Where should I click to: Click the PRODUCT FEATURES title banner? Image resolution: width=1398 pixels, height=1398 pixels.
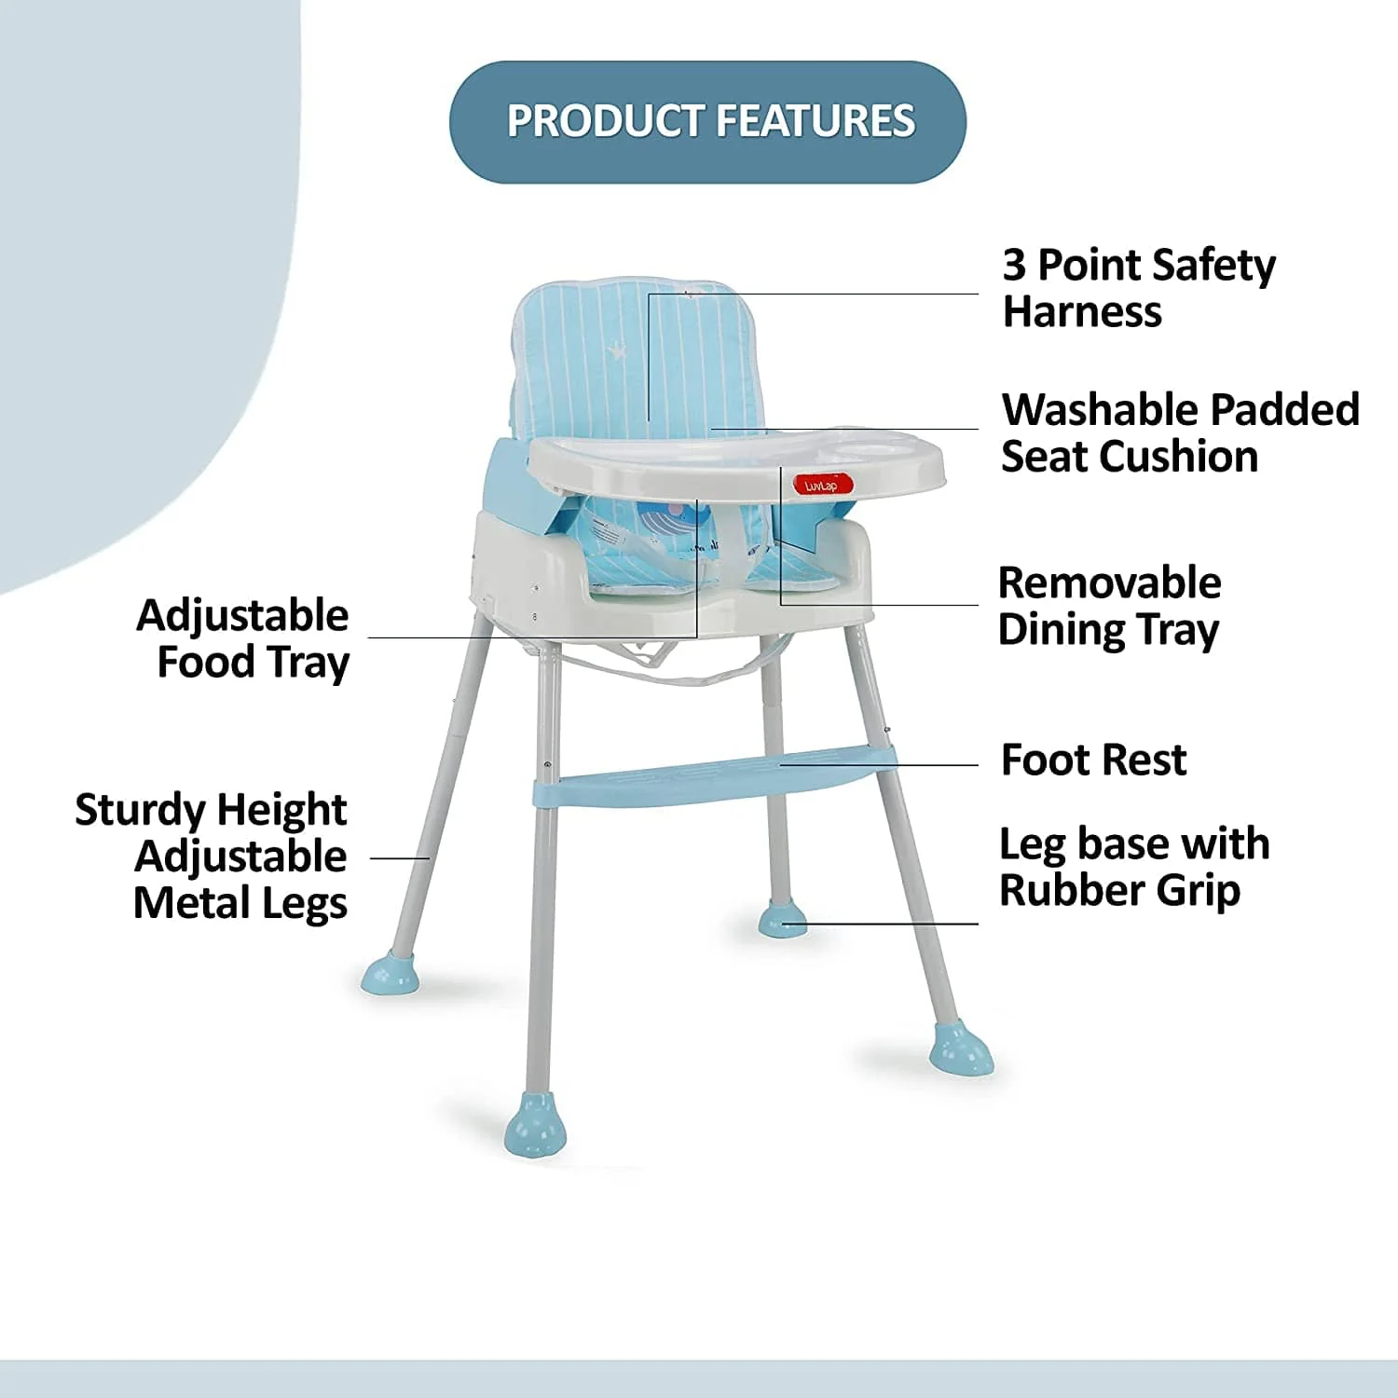coord(707,122)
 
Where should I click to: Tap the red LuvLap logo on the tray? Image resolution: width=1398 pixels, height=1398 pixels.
coord(822,486)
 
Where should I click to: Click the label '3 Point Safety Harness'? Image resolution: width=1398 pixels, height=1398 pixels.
coord(1138,288)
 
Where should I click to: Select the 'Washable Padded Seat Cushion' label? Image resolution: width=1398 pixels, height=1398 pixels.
coord(1180,433)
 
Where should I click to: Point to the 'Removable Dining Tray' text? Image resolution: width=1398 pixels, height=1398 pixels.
coord(1109,606)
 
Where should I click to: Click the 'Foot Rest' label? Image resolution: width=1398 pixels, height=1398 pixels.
coord(1092,761)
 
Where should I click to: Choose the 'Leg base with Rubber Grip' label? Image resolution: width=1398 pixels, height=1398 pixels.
coord(1133,867)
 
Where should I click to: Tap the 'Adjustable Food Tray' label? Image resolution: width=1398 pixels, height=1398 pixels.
coord(244,639)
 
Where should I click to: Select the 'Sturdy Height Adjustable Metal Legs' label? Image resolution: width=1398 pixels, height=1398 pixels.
coord(212,857)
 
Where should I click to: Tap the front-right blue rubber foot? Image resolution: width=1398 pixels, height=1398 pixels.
coord(961,1048)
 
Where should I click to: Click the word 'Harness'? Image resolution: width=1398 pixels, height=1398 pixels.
coord(1082,312)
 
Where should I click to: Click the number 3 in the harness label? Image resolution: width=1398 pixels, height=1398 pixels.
coord(1014,266)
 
